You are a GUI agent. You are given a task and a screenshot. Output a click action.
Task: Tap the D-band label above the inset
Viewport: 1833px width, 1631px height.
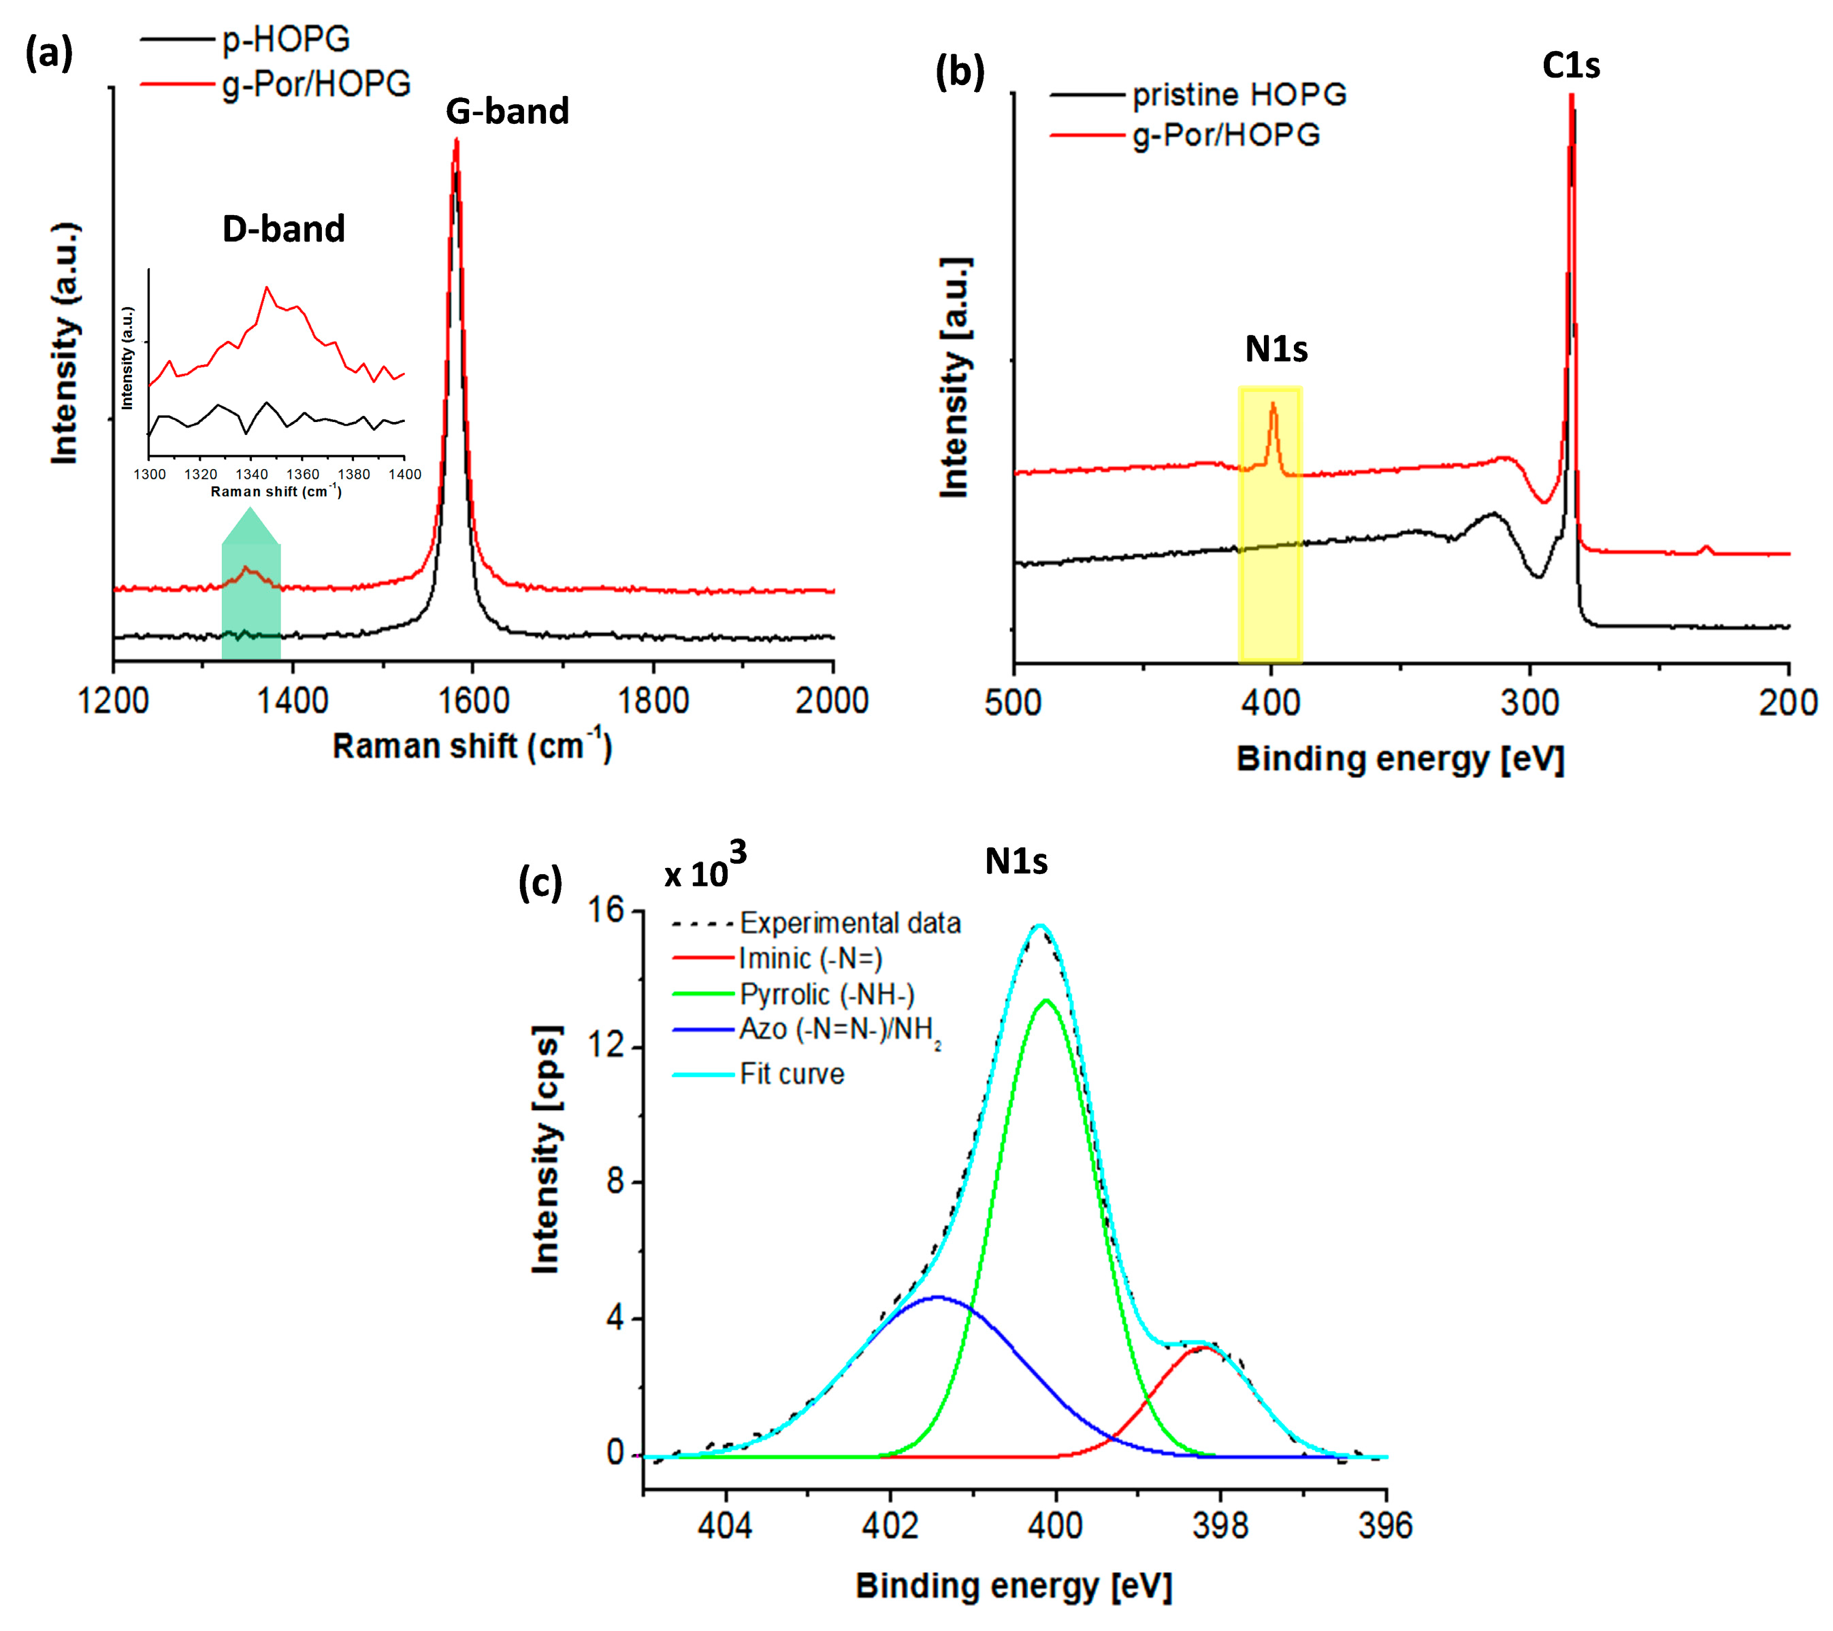283,229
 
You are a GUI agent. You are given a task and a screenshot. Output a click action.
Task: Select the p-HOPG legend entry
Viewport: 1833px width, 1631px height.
285,39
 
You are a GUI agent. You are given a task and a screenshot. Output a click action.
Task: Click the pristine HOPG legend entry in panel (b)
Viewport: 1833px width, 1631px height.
1238,94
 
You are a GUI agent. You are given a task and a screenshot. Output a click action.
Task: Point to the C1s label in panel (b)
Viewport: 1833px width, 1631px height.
1570,65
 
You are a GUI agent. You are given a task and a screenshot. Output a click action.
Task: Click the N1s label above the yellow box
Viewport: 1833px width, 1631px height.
1276,349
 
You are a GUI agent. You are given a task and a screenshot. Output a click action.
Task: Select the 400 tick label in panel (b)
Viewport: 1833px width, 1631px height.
1271,702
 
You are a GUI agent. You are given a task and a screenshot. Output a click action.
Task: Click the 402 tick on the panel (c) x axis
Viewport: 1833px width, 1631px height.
890,1525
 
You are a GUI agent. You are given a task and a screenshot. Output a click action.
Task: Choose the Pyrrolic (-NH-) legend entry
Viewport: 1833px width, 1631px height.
826,995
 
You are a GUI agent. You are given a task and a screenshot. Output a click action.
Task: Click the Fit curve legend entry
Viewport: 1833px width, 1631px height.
791,1074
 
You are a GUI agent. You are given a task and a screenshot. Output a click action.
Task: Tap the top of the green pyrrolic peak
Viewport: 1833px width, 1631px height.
1045,1001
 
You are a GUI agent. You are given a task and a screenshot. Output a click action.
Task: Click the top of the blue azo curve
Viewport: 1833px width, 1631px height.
937,1297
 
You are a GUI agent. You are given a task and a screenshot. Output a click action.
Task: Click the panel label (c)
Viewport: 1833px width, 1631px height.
540,882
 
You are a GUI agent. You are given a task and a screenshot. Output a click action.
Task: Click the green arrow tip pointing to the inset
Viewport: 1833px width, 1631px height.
251,509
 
